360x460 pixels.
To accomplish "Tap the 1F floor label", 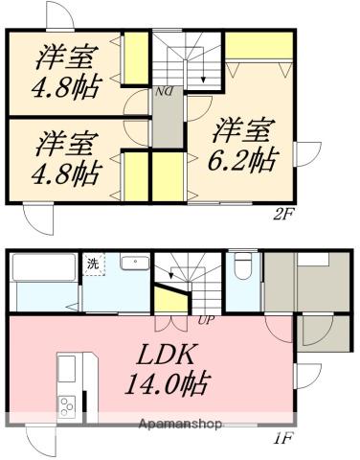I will (283, 440).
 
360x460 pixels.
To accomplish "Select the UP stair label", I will (205, 320).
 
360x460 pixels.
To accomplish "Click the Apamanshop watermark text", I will (180, 424).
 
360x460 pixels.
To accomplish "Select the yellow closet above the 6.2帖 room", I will (254, 46).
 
